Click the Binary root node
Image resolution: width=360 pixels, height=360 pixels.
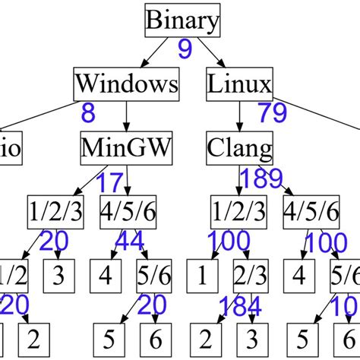[182, 20]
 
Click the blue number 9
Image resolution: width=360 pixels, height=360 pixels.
[185, 51]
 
